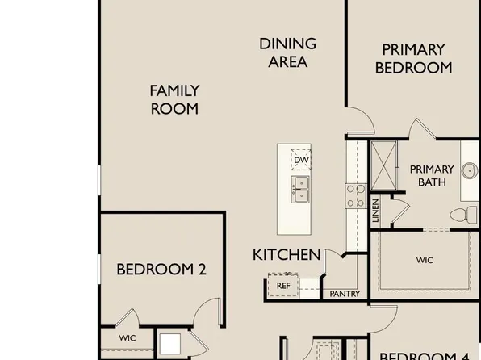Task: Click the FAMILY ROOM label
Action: pos(174,99)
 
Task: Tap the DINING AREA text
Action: pos(287,52)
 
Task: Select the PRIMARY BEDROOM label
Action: pos(413,59)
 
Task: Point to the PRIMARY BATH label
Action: pos(427,175)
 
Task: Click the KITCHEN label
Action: pos(287,255)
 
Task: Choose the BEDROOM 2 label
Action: pos(161,269)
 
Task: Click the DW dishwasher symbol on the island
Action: pos(301,161)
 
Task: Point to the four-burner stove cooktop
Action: pos(356,195)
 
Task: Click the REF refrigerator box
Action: pos(283,285)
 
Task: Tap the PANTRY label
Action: pos(345,294)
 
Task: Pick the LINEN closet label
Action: pos(376,211)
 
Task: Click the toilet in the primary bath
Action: pos(461,216)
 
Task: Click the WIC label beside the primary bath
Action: pos(425,261)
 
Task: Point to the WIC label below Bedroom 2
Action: pos(128,337)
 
